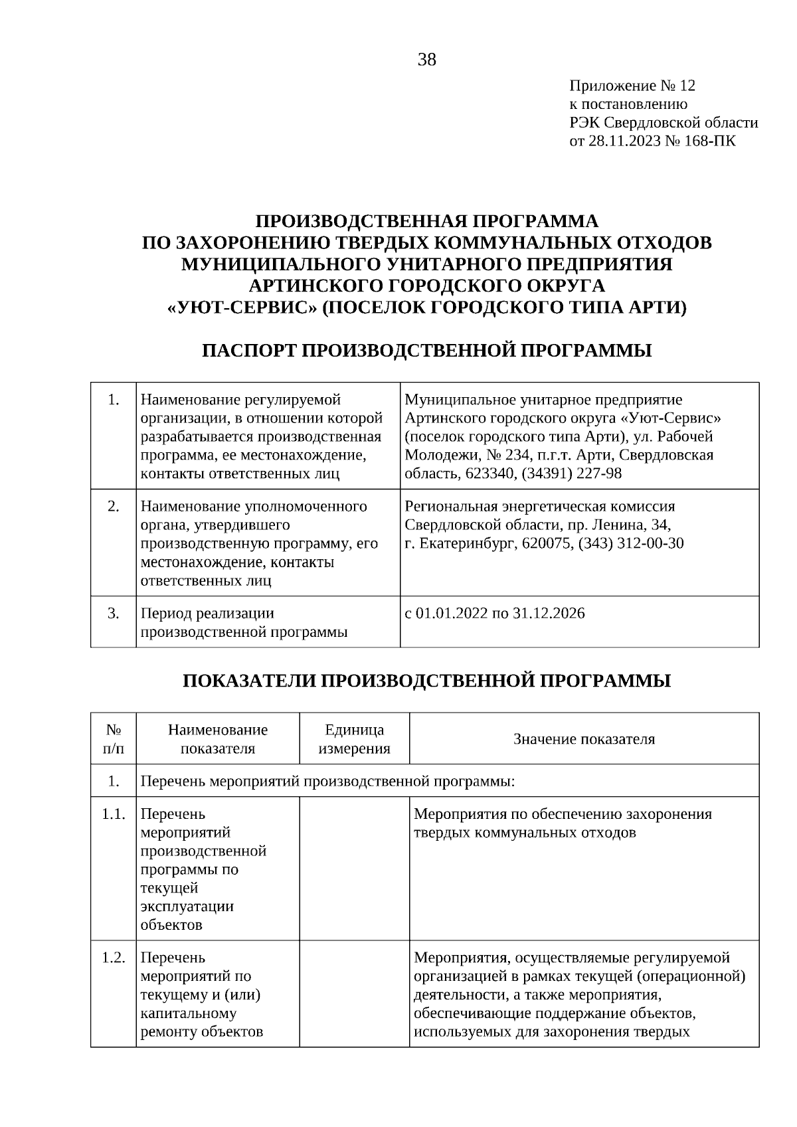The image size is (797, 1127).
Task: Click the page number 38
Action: click(x=427, y=60)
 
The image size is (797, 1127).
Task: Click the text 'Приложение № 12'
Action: click(x=632, y=86)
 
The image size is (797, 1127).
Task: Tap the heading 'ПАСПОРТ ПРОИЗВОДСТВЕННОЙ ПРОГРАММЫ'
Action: click(x=426, y=351)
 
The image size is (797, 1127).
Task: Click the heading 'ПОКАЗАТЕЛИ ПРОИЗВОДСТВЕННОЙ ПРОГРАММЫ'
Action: click(x=426, y=681)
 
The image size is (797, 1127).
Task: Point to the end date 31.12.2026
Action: click(x=549, y=613)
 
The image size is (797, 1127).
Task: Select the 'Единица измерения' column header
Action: click(x=354, y=739)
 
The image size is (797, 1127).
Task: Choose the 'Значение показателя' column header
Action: click(x=584, y=739)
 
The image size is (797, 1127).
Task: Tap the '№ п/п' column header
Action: click(x=114, y=739)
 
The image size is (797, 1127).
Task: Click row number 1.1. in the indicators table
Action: click(x=114, y=814)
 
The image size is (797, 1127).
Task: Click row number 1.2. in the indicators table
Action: click(x=114, y=958)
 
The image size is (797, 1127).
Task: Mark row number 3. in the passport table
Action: click(x=114, y=613)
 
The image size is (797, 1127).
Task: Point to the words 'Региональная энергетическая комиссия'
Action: click(x=539, y=507)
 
